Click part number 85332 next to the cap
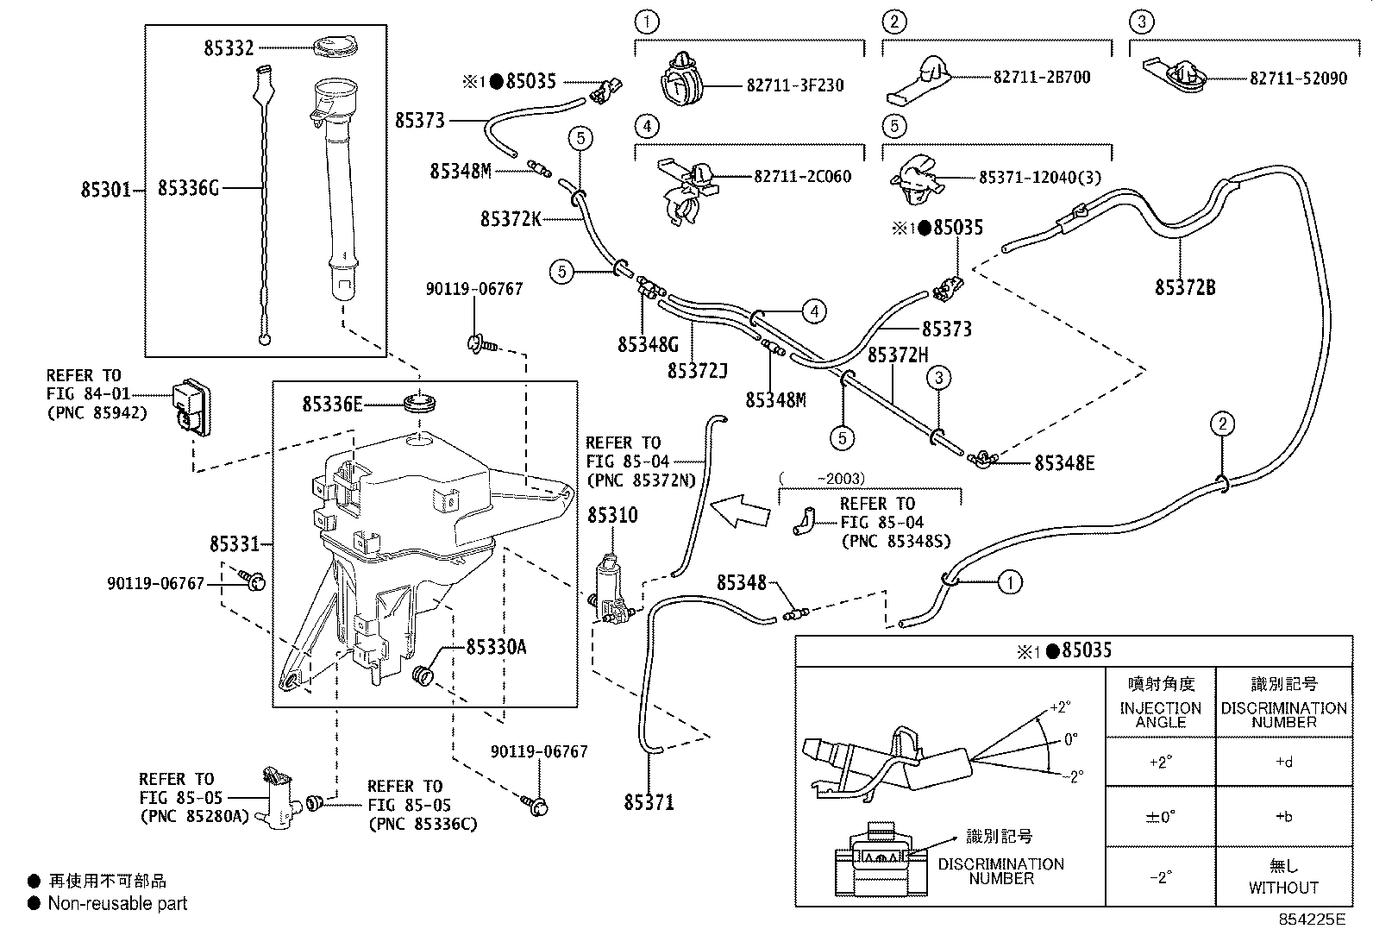[229, 48]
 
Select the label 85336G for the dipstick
[188, 187]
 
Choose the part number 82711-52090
[1298, 78]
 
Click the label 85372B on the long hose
[1185, 287]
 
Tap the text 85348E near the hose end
[1064, 463]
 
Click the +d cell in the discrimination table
[1283, 763]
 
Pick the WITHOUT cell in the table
[1283, 887]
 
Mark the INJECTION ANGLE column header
[1160, 714]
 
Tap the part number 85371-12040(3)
[1039, 177]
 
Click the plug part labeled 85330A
[422, 675]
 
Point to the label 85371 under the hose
[649, 803]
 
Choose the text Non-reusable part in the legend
[117, 903]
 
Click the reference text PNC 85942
[97, 412]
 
